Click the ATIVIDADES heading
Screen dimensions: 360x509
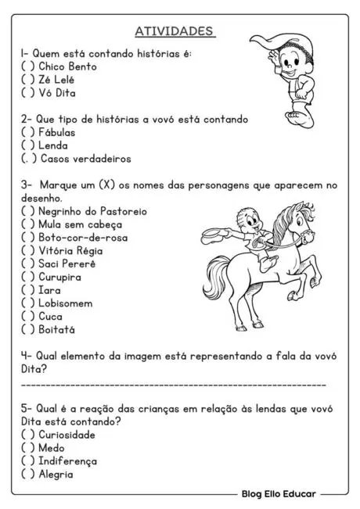click(x=175, y=30)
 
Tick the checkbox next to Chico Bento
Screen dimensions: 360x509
click(x=28, y=66)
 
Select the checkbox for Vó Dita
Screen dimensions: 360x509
click(x=28, y=92)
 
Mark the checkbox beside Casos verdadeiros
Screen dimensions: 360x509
click(x=28, y=159)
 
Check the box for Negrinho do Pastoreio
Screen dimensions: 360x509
click(x=28, y=211)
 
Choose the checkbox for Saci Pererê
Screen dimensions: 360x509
click(x=28, y=263)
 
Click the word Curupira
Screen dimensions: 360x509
click(x=59, y=277)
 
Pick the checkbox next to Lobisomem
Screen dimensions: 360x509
click(x=28, y=303)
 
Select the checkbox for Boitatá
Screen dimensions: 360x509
click(x=28, y=329)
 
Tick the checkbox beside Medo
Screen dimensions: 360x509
click(x=28, y=448)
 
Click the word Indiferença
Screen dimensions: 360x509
click(x=67, y=461)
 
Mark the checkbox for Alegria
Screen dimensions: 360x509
click(x=28, y=474)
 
